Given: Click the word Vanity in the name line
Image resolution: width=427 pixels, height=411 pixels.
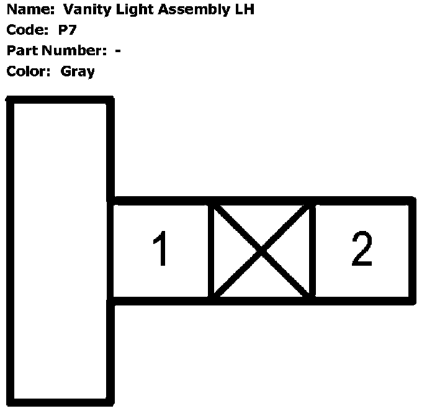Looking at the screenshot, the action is pyautogui.click(x=84, y=10).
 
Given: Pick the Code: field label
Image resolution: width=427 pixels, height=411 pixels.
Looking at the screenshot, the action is pyautogui.click(x=25, y=30).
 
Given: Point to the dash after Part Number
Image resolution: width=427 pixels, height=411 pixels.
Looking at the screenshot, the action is pyautogui.click(x=118, y=51).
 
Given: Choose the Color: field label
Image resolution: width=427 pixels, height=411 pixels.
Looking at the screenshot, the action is pyautogui.click(x=28, y=71).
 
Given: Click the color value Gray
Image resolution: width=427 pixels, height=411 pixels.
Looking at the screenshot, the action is pyautogui.click(x=78, y=71).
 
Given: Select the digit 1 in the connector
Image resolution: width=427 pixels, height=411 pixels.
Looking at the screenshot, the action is pyautogui.click(x=161, y=250).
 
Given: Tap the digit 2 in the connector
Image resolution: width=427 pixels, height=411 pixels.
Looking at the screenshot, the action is pyautogui.click(x=362, y=249).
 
